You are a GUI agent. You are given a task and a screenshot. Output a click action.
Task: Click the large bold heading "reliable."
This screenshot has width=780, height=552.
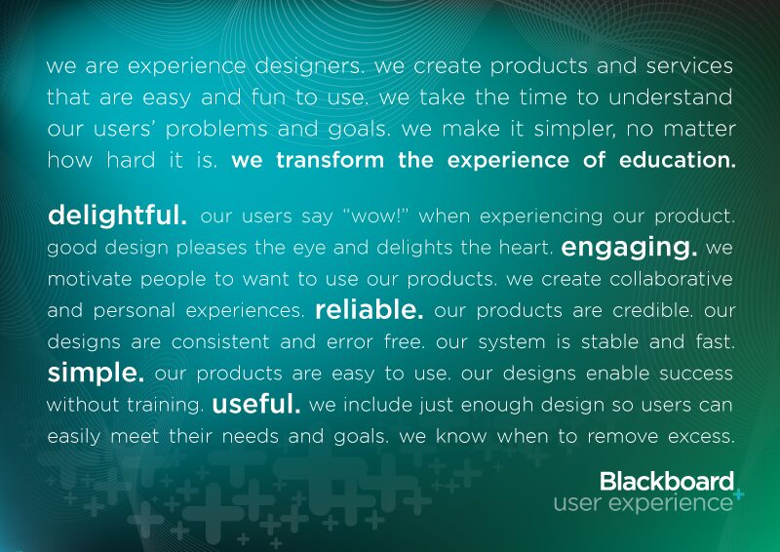point(370,310)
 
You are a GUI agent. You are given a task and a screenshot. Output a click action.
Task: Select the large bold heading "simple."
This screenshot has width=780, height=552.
point(96,373)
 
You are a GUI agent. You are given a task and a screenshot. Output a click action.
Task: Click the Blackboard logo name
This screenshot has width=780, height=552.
point(666,481)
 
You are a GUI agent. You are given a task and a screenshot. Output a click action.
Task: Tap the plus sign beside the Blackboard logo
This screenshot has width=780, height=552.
point(738,494)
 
